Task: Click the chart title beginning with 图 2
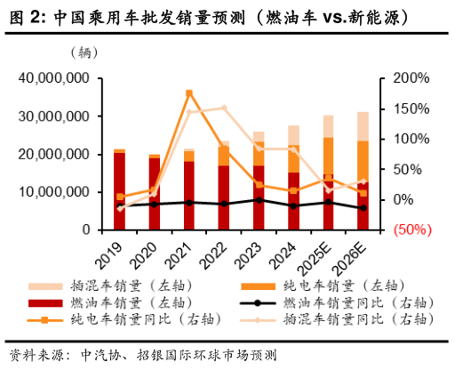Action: [x=213, y=16]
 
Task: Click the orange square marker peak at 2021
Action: [x=189, y=92]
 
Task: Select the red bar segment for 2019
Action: [x=119, y=191]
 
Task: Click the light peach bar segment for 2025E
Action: [x=328, y=125]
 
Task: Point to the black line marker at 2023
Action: [x=259, y=200]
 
